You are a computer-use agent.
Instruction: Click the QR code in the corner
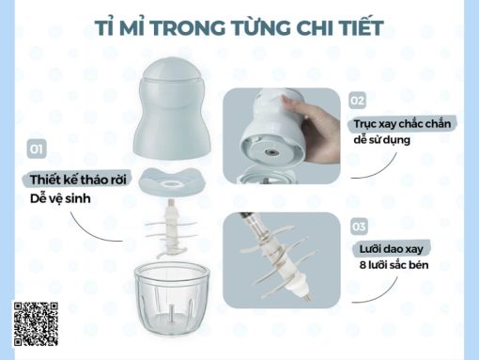[x=37, y=324]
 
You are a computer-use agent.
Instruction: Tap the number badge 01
[x=38, y=149]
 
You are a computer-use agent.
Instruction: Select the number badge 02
[x=357, y=99]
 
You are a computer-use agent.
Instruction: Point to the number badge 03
[x=358, y=227]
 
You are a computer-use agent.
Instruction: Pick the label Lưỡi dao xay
[x=390, y=248]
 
